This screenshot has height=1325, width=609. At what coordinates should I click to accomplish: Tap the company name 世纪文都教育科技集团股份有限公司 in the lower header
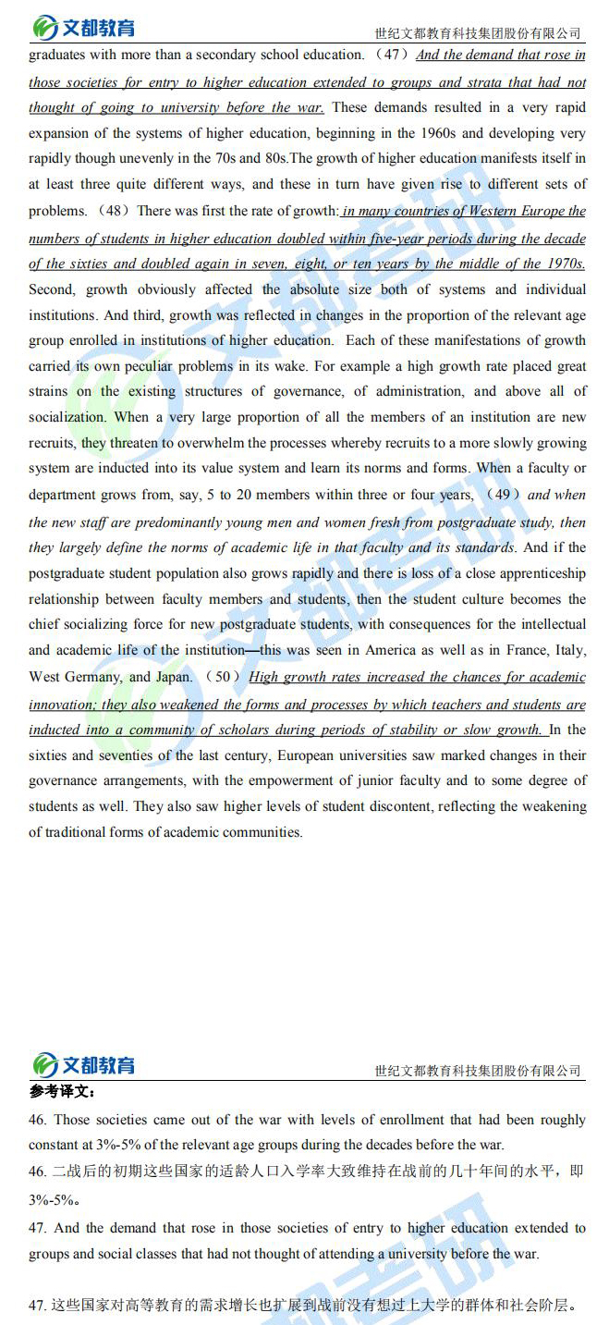[x=478, y=1071]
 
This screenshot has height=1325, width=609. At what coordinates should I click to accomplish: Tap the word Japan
[x=173, y=677]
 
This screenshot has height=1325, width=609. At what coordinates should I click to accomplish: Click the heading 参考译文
[x=63, y=1092]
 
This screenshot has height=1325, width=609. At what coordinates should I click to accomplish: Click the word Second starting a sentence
[x=52, y=289]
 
